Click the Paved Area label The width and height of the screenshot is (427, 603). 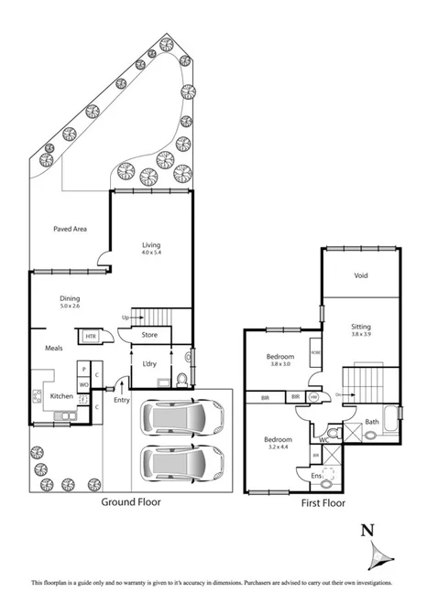coord(69,229)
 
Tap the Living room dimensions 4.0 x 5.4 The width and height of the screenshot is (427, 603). coord(151,254)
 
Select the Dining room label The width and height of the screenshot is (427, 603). coord(71,297)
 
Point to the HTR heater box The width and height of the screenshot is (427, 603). coord(91,337)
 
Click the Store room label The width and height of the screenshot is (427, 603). coord(150,335)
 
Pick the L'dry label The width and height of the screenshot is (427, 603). coord(150,364)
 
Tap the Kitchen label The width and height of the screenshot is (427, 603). coord(61,395)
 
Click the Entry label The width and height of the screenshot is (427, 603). coord(122,399)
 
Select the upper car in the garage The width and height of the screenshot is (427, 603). coord(183,418)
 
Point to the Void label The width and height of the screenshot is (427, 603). coord(361,275)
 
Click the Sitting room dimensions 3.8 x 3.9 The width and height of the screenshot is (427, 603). coord(361,335)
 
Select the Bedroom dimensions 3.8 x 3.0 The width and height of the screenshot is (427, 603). coord(279,364)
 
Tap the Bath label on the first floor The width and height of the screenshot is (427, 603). coord(371,422)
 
